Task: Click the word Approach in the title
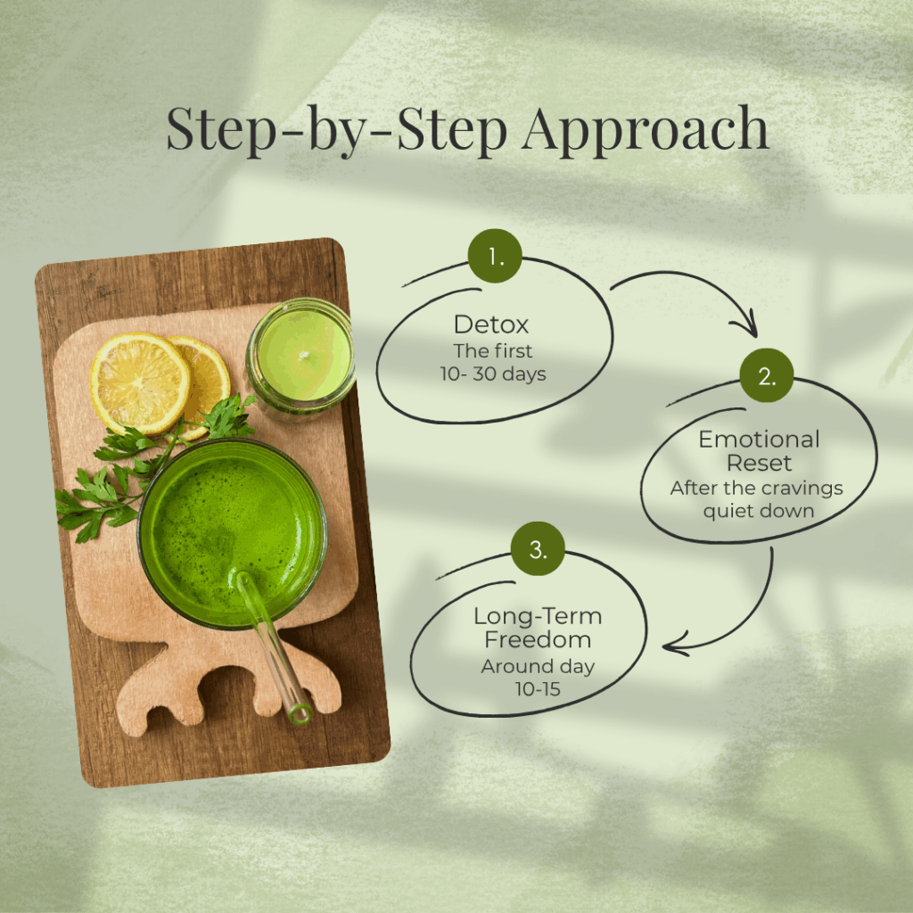click(x=646, y=131)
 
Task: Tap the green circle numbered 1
click(x=495, y=256)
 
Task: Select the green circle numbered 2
click(x=767, y=375)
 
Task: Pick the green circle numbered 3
click(x=538, y=548)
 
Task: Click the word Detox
click(x=491, y=325)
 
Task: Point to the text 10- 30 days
click(x=492, y=374)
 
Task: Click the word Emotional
click(x=759, y=439)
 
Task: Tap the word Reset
click(x=759, y=463)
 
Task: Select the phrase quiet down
click(x=758, y=511)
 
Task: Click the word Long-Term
click(x=538, y=616)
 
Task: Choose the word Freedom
click(x=538, y=640)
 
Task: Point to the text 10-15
click(x=538, y=689)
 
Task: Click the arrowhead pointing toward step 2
click(x=748, y=325)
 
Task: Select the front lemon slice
click(x=140, y=383)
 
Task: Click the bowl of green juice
click(x=232, y=534)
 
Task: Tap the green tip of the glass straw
click(x=300, y=714)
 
